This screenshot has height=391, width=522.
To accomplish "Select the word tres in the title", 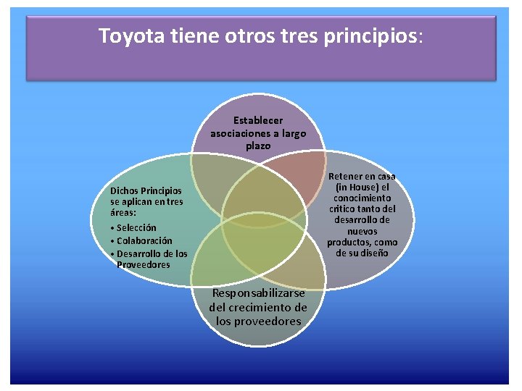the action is [x=299, y=35].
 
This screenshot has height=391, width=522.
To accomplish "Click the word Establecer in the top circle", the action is [x=258, y=120].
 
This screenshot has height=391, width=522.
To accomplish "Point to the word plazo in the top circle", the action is [x=258, y=146].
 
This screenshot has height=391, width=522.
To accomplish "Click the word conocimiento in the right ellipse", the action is [x=362, y=198].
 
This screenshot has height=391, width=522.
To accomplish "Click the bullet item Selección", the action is [x=136, y=227].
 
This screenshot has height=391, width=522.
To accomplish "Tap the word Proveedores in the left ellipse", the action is [x=144, y=264].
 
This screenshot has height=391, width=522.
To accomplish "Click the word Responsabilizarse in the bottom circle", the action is [x=258, y=293].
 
